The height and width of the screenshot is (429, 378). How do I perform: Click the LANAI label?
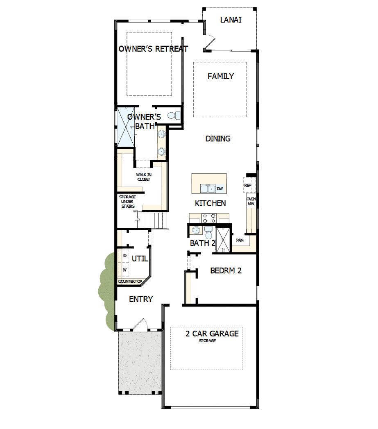point(231,20)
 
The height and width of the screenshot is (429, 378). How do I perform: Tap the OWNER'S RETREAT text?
point(153,49)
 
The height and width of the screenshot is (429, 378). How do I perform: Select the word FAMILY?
point(220,76)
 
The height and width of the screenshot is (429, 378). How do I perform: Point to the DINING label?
point(218,139)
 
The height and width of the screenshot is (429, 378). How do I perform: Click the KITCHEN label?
point(210,204)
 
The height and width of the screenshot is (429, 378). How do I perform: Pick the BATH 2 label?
point(202,243)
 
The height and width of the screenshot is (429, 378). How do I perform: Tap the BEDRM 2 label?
point(226,271)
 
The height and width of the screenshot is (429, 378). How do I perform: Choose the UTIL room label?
point(140,259)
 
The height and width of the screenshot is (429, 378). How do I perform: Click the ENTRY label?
point(140,300)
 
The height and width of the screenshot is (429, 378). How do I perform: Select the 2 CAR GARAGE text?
point(212,334)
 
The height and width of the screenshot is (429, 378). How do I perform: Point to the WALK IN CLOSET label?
point(143,177)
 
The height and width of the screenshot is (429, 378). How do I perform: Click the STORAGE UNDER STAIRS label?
point(127,202)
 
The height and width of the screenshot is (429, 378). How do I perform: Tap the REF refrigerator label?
point(247,185)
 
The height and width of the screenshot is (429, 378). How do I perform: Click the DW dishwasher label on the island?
point(220,189)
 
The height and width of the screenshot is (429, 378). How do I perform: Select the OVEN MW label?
point(251,201)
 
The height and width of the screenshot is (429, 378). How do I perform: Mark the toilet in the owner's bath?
point(177,116)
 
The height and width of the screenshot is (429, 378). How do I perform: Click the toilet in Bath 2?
point(208,235)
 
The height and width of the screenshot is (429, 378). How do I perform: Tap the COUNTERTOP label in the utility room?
point(129,282)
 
